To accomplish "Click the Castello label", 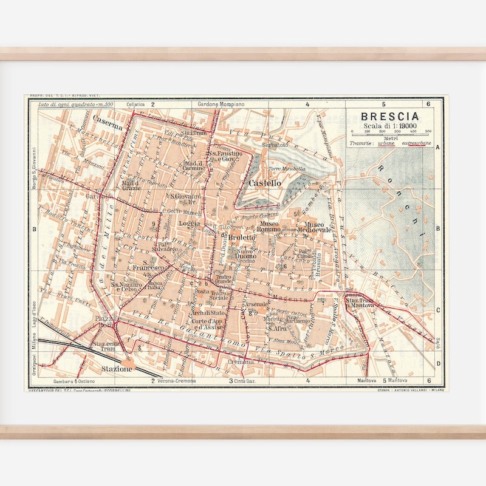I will (264, 182).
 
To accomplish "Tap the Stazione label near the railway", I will (117, 369).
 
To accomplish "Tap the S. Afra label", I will (278, 328).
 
